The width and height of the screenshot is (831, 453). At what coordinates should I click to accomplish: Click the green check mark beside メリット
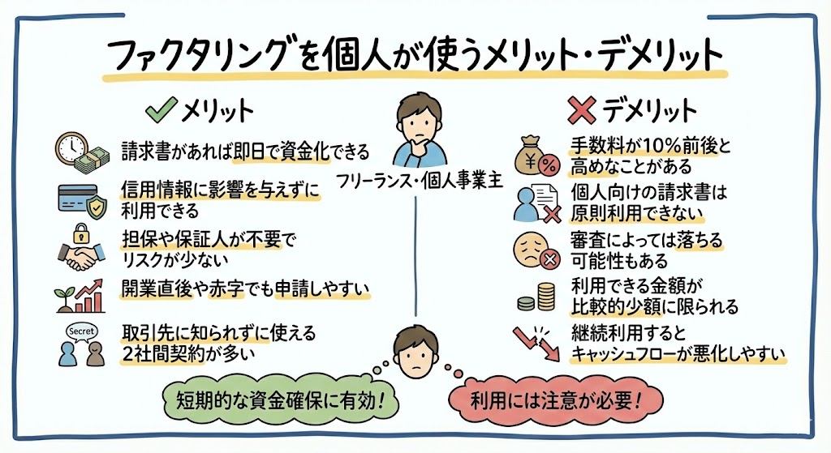pos(160,109)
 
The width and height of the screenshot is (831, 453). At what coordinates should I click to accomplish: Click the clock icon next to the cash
pos(70,147)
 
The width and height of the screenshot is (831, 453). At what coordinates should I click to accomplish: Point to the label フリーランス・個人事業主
pos(416,180)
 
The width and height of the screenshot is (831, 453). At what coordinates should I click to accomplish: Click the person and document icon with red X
pos(536,203)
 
